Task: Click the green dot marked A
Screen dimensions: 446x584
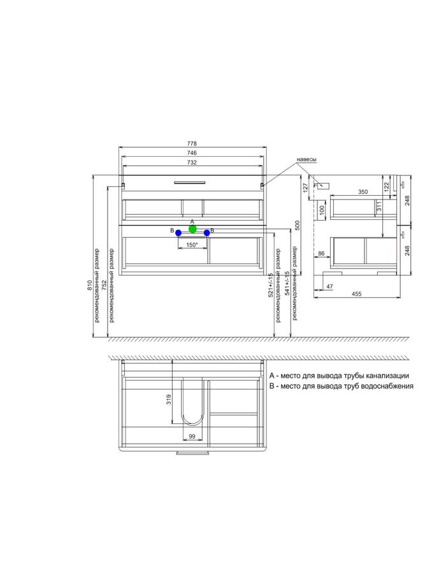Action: tap(192, 229)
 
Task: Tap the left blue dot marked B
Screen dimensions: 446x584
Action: tap(178, 233)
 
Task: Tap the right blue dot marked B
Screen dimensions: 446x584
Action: tap(207, 233)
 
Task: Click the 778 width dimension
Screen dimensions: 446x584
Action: tap(192, 143)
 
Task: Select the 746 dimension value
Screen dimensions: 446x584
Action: tap(192, 153)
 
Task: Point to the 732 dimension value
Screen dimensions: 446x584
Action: tap(192, 163)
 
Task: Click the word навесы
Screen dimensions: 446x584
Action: tap(306, 160)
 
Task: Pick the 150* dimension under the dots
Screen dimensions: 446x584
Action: tap(192, 245)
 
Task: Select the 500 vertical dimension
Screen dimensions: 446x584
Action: tap(297, 225)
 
